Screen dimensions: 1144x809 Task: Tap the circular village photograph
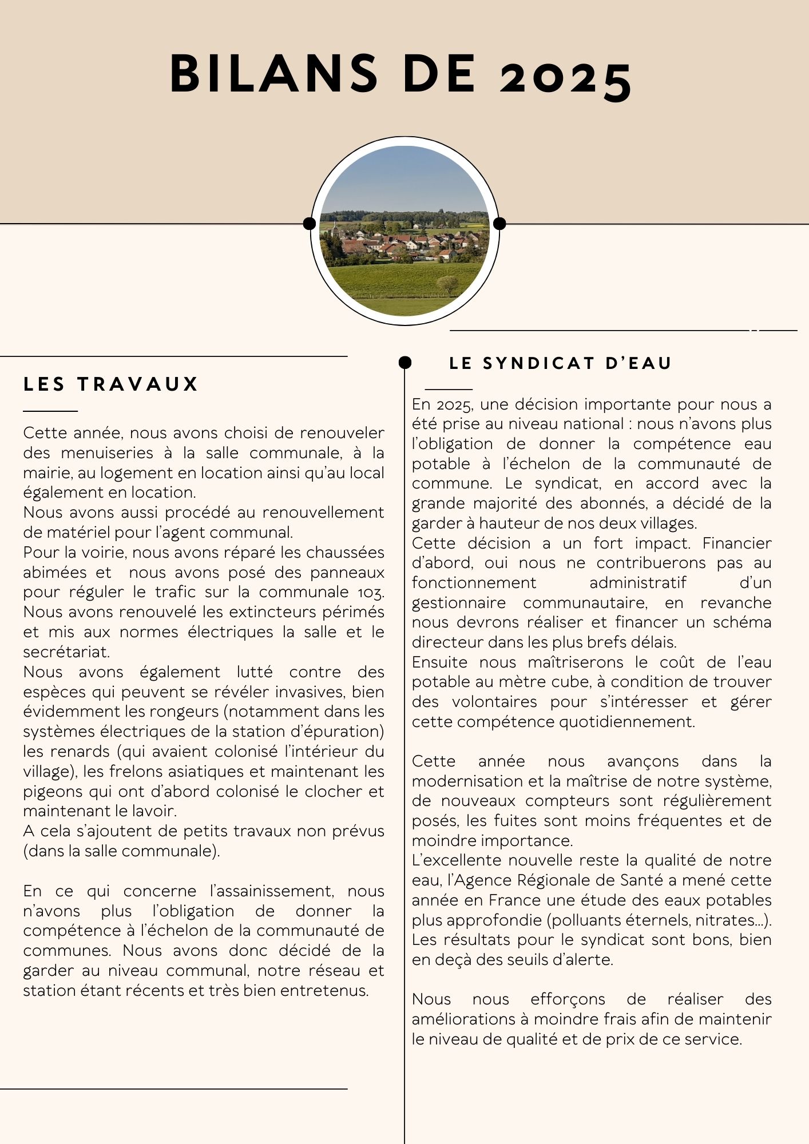(405, 231)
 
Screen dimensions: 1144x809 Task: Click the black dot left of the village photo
(310, 223)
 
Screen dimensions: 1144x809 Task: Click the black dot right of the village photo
(499, 223)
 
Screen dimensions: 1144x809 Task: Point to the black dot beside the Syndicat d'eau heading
(405, 362)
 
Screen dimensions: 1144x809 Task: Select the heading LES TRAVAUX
(110, 384)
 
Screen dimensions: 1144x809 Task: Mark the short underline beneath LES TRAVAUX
(50, 411)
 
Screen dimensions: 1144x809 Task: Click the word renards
(88, 752)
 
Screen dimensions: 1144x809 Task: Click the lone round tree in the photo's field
(447, 284)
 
